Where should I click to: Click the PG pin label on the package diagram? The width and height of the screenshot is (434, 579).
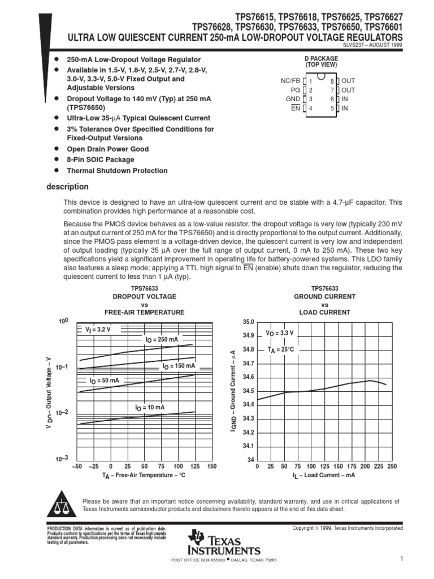click(x=295, y=90)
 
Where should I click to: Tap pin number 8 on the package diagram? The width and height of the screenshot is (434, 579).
click(x=333, y=81)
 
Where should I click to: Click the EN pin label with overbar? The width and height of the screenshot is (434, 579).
click(x=295, y=108)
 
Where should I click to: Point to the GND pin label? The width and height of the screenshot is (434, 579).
click(x=293, y=99)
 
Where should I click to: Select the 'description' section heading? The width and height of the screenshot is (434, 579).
click(x=67, y=187)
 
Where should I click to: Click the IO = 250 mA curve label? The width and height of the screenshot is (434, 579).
click(x=161, y=339)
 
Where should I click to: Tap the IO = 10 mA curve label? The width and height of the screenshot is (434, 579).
click(x=150, y=407)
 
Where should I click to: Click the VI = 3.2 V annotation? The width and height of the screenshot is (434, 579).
click(x=98, y=329)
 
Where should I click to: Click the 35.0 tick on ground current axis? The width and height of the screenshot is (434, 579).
click(x=249, y=322)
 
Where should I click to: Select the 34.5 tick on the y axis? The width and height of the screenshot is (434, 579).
click(x=249, y=391)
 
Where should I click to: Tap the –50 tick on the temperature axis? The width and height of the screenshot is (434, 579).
click(x=78, y=466)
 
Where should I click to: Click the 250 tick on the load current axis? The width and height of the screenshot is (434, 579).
click(x=392, y=466)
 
